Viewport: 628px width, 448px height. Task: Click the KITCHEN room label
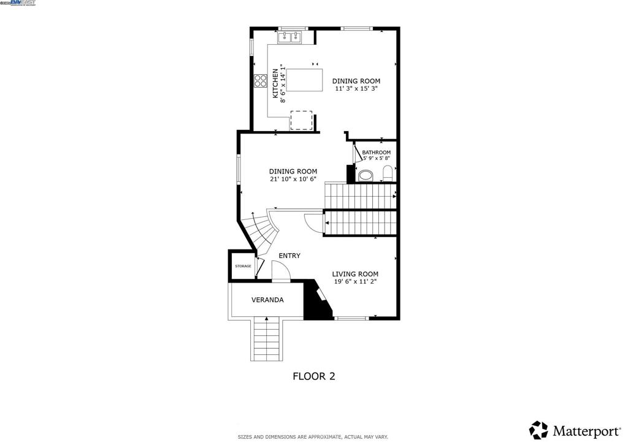[276, 83]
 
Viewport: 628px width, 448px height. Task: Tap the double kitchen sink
[291, 37]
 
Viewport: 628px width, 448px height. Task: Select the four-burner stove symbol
[260, 81]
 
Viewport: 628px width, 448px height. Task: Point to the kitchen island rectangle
[305, 80]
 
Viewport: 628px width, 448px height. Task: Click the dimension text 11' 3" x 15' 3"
[356, 89]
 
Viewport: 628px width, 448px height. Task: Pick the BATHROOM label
[376, 153]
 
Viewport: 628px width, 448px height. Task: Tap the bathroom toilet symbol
[388, 173]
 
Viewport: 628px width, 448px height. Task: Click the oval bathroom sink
[366, 176]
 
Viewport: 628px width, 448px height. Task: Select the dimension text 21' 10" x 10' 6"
[293, 180]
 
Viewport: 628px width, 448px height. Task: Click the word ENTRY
[289, 256]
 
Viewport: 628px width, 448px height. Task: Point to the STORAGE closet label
[243, 266]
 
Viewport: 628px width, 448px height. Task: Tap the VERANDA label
[267, 300]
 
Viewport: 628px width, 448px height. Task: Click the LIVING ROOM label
[355, 274]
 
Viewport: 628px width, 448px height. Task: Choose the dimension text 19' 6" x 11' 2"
[355, 282]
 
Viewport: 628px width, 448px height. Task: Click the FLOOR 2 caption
[313, 376]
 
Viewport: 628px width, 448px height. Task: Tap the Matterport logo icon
[538, 430]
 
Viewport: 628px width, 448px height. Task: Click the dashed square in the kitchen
[301, 121]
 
